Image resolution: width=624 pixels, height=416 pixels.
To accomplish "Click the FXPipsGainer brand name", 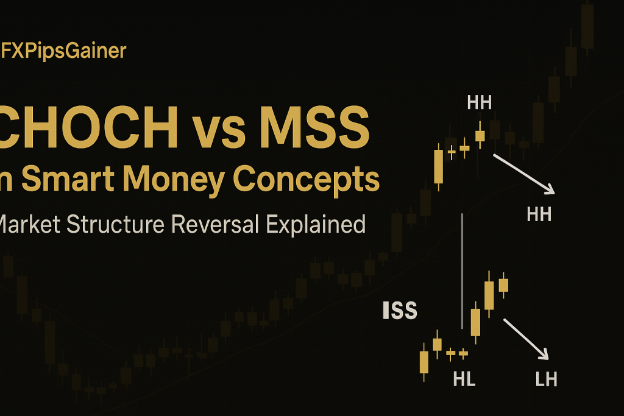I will click(63, 51).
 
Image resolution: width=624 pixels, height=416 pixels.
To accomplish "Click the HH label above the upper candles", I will click(480, 102).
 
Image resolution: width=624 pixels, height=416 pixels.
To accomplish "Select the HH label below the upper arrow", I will click(539, 214).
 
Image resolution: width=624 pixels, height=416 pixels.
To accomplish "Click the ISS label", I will click(400, 311).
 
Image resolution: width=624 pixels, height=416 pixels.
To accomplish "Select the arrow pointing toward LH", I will click(525, 338).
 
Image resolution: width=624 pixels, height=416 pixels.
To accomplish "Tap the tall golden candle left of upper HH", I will click(438, 166).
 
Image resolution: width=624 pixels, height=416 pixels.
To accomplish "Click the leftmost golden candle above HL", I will click(424, 362).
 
